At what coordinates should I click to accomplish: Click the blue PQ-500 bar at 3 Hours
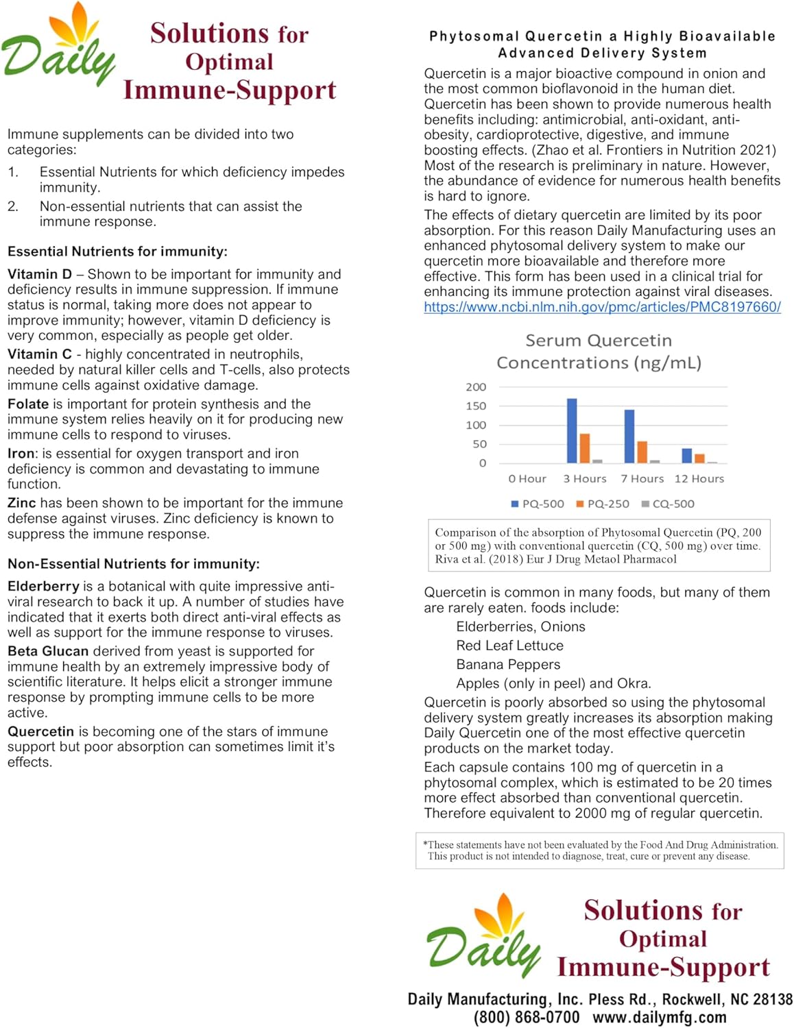click(572, 430)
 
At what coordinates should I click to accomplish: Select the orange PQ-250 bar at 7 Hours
click(642, 452)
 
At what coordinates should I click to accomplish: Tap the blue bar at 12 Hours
click(686, 456)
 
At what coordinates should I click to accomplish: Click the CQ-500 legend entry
click(667, 504)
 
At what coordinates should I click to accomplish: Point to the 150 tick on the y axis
click(476, 406)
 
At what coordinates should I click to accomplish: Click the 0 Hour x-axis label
click(527, 478)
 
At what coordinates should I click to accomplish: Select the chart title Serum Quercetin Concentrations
click(599, 351)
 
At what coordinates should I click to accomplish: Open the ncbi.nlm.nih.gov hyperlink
click(602, 307)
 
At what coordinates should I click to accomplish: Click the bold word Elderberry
click(43, 587)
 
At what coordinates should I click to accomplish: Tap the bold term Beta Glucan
click(48, 651)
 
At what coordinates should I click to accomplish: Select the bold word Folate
click(28, 404)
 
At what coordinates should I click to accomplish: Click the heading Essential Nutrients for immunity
click(117, 252)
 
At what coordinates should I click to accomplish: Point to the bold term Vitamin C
click(39, 354)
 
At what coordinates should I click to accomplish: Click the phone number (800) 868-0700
click(526, 1017)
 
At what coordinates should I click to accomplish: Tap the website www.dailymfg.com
click(659, 1017)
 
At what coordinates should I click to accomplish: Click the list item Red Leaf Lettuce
click(509, 646)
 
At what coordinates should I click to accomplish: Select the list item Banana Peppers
click(508, 665)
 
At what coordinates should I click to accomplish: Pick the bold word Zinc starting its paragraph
click(22, 503)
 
